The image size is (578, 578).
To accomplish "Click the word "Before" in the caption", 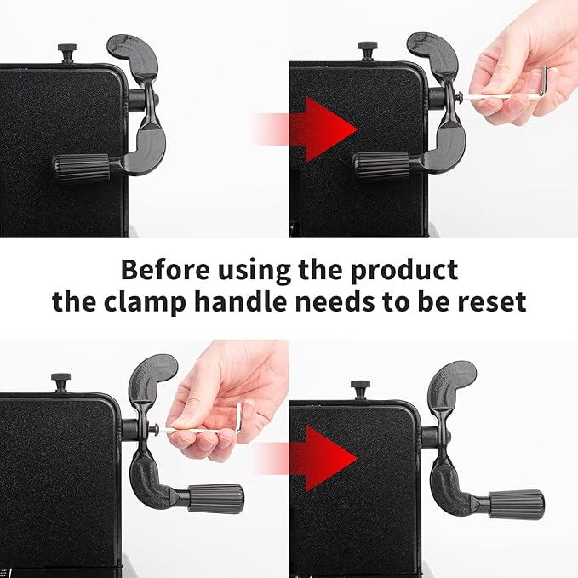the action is [165, 270].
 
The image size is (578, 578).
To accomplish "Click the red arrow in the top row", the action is [306, 129].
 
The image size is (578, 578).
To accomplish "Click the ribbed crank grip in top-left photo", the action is [82, 168].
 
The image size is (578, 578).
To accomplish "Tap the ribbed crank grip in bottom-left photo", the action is [215, 498].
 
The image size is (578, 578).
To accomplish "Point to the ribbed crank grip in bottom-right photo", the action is [517, 505].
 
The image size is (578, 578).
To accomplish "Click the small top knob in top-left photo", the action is [67, 53].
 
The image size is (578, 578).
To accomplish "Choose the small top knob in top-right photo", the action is [368, 51].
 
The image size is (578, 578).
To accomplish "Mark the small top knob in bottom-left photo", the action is [60, 382].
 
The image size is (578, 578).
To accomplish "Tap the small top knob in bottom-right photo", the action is [361, 390].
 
